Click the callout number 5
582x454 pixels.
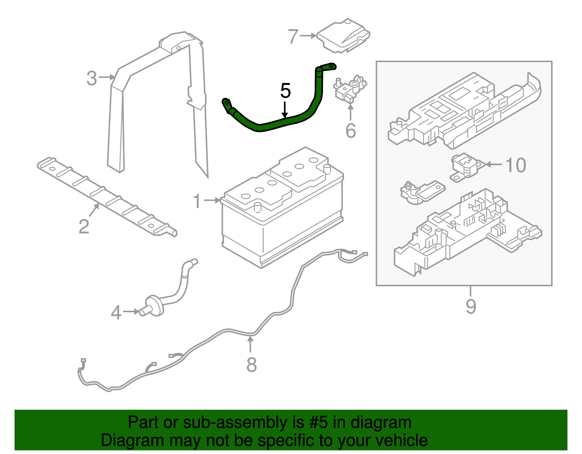(286, 91)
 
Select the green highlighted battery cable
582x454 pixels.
(276, 124)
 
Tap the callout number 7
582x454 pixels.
(293, 36)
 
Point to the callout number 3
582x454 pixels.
(92, 78)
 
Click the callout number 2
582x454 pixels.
(84, 226)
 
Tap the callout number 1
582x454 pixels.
(197, 201)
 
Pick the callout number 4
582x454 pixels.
(116, 312)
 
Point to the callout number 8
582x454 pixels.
(251, 365)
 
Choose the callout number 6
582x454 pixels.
(350, 131)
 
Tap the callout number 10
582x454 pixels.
(516, 165)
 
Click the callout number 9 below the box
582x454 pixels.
(471, 306)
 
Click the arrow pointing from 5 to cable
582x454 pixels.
(285, 109)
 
